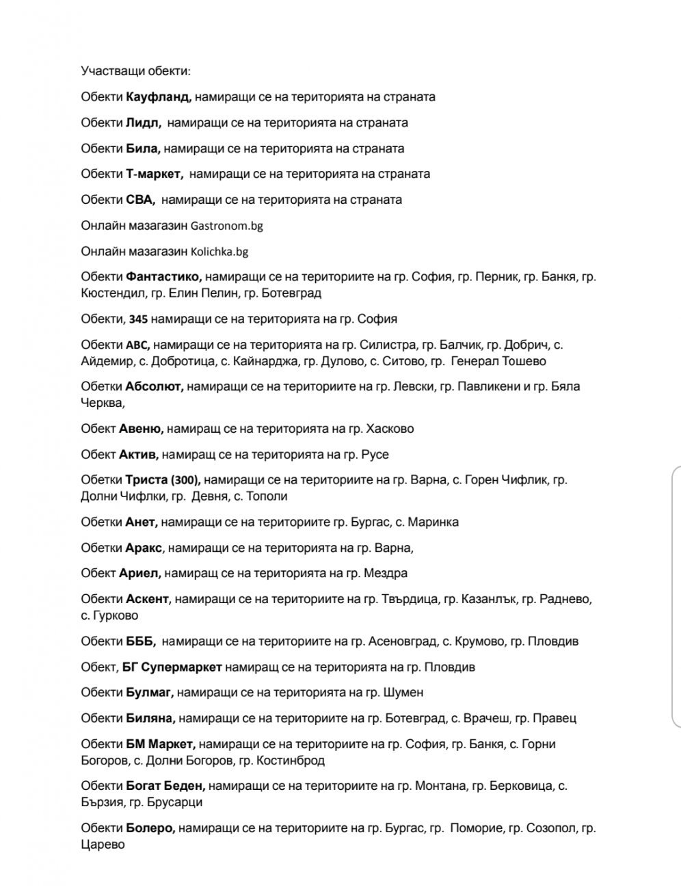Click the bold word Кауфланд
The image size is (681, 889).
coord(158,97)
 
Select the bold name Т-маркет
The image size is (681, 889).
coord(155,174)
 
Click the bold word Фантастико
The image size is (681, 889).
coord(163,277)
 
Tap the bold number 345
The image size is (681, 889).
coord(138,319)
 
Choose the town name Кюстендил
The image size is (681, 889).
coord(112,293)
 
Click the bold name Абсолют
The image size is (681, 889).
coord(154,387)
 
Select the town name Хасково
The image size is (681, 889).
coord(390,429)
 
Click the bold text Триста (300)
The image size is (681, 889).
coord(163,480)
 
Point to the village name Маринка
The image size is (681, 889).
coord(433,522)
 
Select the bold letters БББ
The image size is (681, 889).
coord(141,642)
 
